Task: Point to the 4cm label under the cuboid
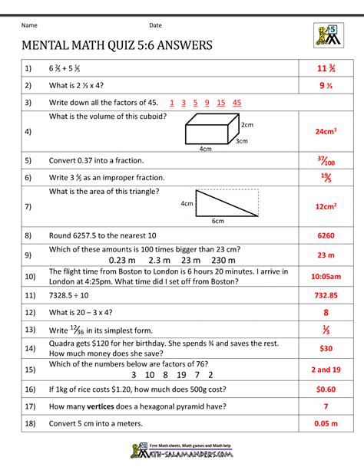[x=205, y=149]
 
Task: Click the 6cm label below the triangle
[x=218, y=222]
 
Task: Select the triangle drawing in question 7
[x=227, y=204]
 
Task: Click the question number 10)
[x=30, y=276]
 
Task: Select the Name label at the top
[x=28, y=25]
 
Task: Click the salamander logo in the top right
[x=326, y=35]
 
